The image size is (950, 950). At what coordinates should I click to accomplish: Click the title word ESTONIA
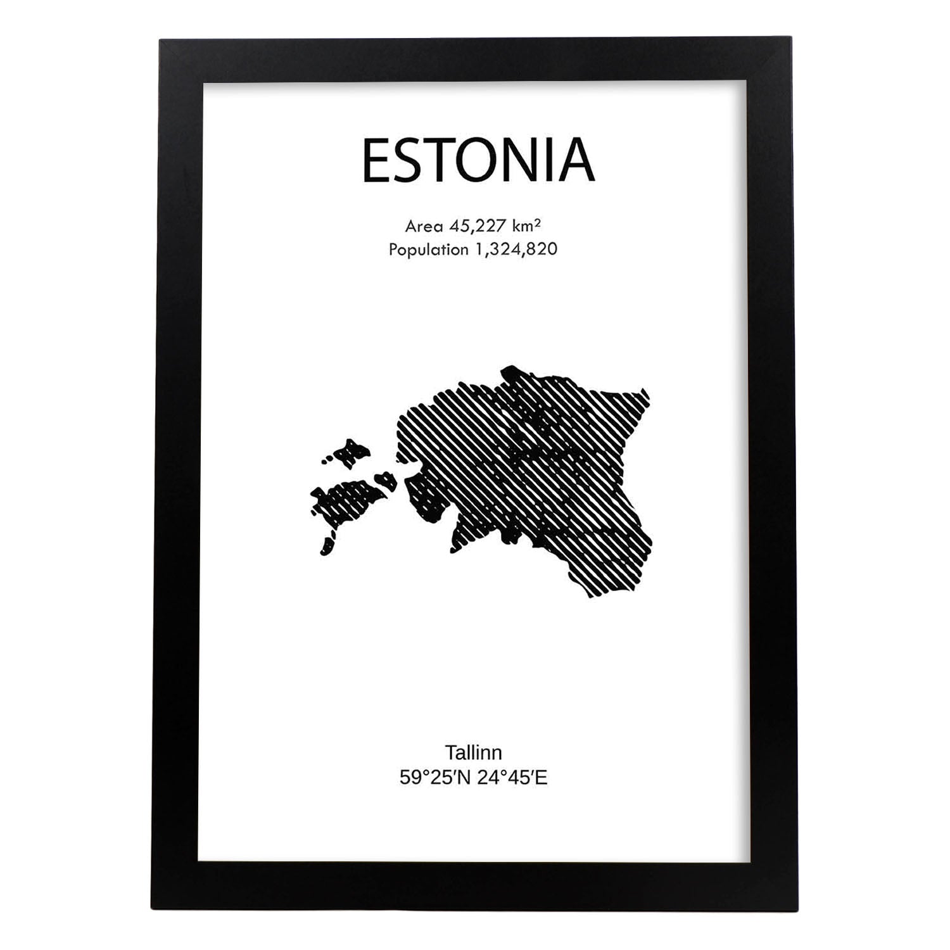click(478, 161)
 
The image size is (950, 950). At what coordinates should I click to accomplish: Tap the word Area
click(424, 225)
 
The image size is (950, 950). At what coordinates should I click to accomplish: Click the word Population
click(428, 250)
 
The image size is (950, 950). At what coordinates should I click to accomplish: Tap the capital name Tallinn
click(473, 752)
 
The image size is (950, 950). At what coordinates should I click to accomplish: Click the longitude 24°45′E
click(513, 777)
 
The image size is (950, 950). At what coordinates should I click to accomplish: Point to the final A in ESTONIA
click(576, 161)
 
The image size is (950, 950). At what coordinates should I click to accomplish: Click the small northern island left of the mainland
click(350, 452)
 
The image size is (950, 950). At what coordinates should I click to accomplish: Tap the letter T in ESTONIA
click(436, 161)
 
